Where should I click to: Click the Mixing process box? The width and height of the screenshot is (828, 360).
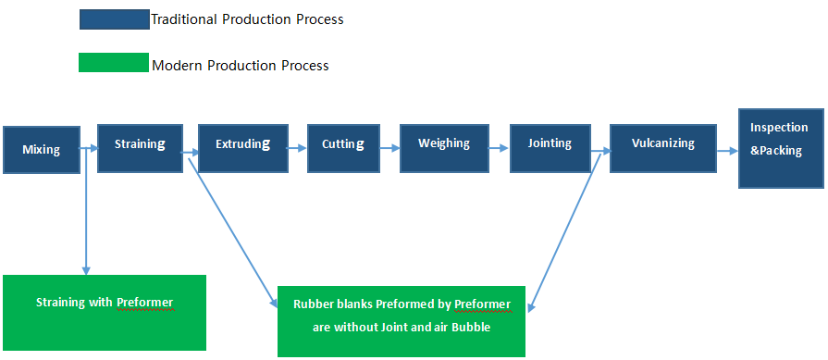coord(42,150)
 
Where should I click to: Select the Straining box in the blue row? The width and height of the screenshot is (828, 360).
coord(140,148)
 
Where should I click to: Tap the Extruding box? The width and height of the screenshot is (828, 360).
coord(243,148)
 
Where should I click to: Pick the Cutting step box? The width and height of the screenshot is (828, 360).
coord(343,148)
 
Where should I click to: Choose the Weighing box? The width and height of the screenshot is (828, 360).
coord(443,148)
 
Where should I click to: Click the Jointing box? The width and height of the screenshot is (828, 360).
coord(550,148)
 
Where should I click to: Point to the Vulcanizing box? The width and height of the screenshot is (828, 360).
coord(663,148)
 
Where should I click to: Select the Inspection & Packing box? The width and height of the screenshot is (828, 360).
coord(781,148)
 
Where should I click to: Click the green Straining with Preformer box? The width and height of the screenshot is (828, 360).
coord(105,313)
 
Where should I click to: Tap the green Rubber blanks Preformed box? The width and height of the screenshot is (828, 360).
coord(402,321)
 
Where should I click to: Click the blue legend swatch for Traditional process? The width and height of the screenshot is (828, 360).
coord(115,19)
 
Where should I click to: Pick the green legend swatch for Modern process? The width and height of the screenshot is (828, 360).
coord(114,62)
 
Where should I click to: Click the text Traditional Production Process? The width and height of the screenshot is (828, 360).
coord(248,20)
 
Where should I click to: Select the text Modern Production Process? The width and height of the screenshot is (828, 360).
coord(241,66)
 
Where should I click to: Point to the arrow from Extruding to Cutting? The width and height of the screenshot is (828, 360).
coord(297,148)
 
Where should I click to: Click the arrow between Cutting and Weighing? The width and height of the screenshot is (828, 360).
coord(389,148)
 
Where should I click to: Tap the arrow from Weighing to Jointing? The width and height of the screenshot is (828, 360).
coord(499,149)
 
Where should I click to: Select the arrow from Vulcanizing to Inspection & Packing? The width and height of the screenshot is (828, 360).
coord(728,151)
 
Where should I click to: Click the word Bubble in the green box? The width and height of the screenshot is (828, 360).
coord(473,328)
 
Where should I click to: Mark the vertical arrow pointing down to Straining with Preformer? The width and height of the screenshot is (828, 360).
coord(86,211)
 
